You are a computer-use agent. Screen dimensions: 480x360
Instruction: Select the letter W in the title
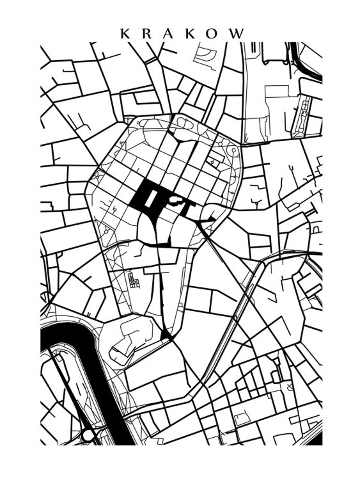point(237,33)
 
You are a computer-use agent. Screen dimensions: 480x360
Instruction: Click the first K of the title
point(125,33)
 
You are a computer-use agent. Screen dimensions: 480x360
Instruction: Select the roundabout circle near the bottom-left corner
point(88,435)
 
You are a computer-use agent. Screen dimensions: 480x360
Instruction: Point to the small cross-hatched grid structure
point(134,280)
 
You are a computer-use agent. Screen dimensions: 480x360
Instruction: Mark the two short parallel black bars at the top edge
point(254,47)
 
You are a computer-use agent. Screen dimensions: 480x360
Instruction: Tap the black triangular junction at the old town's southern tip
point(165,335)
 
